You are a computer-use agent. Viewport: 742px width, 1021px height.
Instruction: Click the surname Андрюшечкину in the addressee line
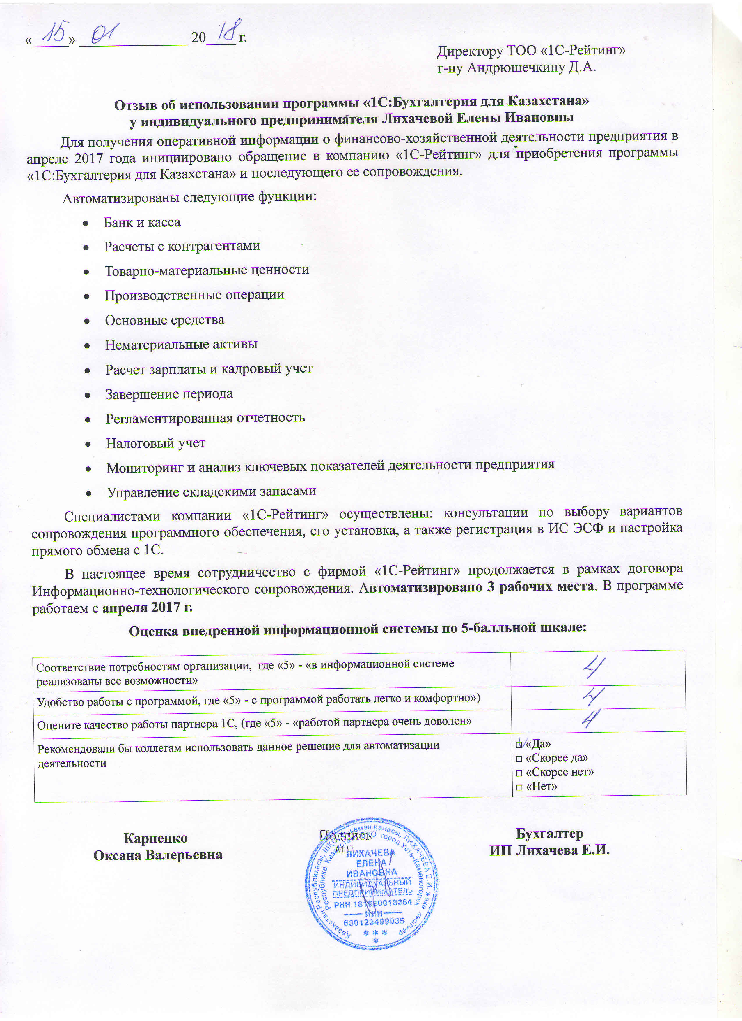pos(524,68)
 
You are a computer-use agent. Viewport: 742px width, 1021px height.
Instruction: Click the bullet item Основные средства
pos(164,320)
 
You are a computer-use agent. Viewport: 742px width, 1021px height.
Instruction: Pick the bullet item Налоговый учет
pos(156,444)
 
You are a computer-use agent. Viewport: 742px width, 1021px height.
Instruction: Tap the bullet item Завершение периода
pos(169,394)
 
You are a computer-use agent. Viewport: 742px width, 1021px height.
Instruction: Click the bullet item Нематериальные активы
pos(181,345)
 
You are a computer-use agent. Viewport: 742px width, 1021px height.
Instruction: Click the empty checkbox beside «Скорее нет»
pos(519,773)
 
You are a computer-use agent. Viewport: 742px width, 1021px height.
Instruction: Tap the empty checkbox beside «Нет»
pos(519,787)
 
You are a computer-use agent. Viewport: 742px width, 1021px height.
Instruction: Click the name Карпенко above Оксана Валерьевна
pos(156,838)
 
